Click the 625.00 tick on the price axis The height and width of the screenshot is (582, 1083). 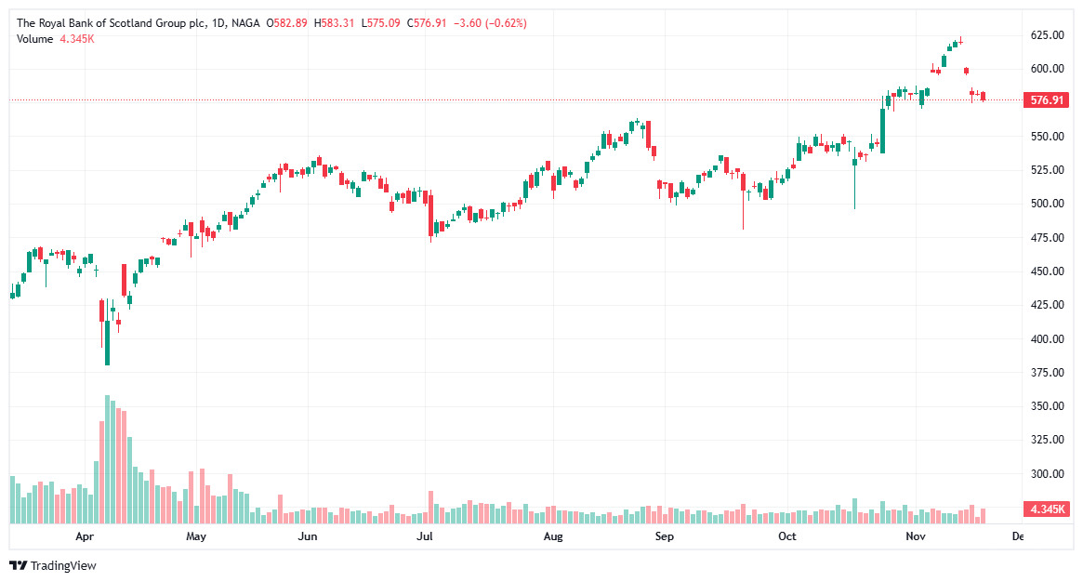pos(1046,35)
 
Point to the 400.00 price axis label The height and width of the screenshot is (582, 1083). pos(1046,339)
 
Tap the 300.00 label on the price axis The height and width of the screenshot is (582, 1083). pos(1046,474)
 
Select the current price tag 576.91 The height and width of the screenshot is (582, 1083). pos(1047,99)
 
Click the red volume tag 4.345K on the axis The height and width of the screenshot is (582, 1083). pos(1047,509)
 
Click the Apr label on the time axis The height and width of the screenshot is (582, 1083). pos(86,537)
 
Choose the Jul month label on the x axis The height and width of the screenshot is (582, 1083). pos(425,537)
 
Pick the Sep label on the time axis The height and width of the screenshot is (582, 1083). pos(663,537)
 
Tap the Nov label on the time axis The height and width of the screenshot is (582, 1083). pos(916,537)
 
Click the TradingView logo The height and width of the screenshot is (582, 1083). pos(53,565)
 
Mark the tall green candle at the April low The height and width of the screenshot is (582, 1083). pos(108,343)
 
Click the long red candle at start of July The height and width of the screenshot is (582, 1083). pos(430,215)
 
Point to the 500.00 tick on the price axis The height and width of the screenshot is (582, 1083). pos(1046,204)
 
